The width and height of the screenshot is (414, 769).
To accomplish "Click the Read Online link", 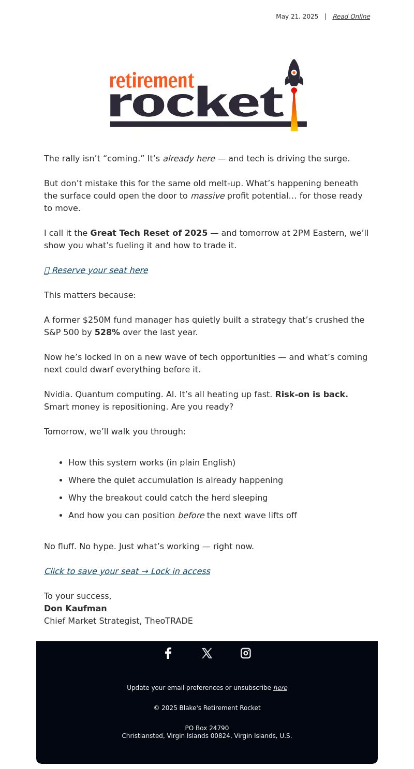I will (351, 17).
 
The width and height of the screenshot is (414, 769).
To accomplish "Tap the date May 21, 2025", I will (297, 17).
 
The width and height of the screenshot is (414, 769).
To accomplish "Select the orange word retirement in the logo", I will (152, 81).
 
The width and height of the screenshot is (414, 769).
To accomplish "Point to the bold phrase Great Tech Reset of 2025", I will (149, 233).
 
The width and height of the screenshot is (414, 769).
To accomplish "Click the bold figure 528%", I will (107, 332).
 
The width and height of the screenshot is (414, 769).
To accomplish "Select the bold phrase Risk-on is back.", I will (312, 394).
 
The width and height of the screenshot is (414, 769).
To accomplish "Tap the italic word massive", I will (208, 195).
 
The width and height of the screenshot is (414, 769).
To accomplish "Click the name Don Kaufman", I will (76, 608).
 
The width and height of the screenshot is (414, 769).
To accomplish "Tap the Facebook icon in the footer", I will (168, 653).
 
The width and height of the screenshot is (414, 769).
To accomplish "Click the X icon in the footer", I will (207, 653).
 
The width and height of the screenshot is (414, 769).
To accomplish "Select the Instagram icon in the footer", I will (246, 653).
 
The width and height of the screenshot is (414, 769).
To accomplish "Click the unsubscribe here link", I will (280, 688).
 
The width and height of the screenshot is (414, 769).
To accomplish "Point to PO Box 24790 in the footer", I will (207, 728).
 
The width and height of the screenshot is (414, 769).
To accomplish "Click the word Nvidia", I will (57, 394).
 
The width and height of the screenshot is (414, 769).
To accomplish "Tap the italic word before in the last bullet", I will (191, 515).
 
